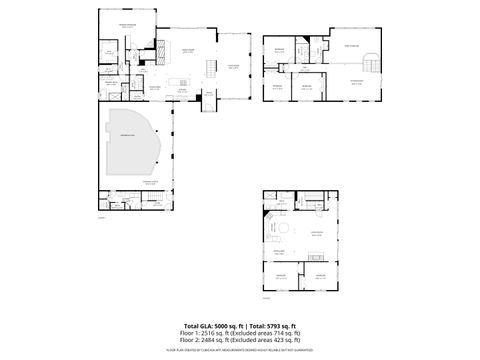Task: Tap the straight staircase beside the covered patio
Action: point(211,66)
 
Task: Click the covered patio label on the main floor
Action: point(233,65)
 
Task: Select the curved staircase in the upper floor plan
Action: point(373,61)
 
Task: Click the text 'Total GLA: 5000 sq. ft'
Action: point(213,326)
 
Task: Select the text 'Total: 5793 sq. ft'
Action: point(271,326)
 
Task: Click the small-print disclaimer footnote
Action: point(240,351)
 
